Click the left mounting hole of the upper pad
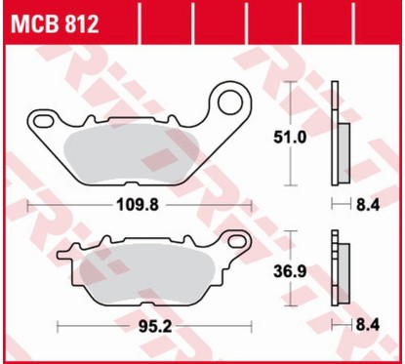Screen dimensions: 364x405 pyautogui.click(x=42, y=121)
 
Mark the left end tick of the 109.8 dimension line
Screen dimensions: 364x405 pyautogui.click(x=29, y=205)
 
